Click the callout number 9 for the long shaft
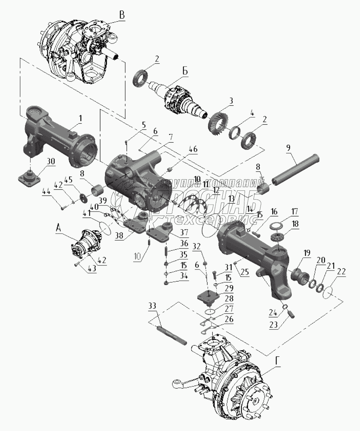pos(288,148)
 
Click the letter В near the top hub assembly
pos(122,16)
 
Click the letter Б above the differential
pos(185,72)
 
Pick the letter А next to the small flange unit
pos(57,228)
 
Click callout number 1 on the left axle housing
pos(80,118)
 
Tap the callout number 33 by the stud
pos(153,305)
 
